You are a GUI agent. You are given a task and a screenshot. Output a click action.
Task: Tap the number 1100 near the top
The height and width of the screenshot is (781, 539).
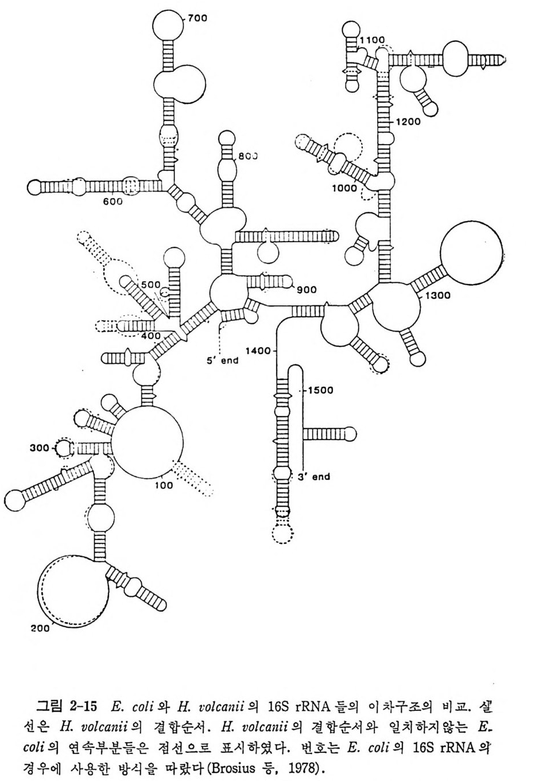coord(373,40)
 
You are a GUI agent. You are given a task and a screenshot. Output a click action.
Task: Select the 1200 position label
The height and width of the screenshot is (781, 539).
coord(408,122)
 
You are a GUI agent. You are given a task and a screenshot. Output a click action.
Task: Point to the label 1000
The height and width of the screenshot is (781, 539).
coord(344,188)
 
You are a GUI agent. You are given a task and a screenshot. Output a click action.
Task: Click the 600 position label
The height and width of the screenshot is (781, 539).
coord(113,201)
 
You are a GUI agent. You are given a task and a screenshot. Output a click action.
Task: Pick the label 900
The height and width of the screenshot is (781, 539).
coord(307,290)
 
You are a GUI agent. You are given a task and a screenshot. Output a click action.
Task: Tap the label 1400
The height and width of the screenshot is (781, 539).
coord(257,350)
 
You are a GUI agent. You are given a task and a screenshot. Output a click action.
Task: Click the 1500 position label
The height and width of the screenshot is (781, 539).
coord(321,390)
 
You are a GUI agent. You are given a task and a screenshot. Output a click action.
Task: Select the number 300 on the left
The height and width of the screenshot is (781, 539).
coord(40,448)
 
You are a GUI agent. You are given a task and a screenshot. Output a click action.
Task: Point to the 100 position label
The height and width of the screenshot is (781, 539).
coord(164,485)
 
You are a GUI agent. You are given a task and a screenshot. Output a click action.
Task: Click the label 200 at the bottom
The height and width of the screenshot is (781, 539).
coord(40,628)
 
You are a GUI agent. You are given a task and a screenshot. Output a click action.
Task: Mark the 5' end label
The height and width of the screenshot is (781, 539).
coord(222,361)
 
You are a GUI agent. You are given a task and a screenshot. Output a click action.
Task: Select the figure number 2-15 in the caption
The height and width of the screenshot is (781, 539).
coord(83,704)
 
